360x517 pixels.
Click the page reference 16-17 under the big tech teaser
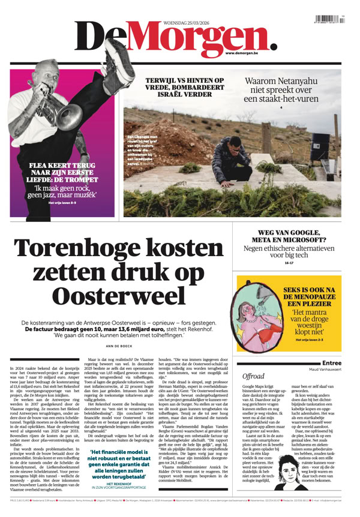[x=289, y=263]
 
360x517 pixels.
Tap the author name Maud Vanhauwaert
[x=324, y=368]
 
